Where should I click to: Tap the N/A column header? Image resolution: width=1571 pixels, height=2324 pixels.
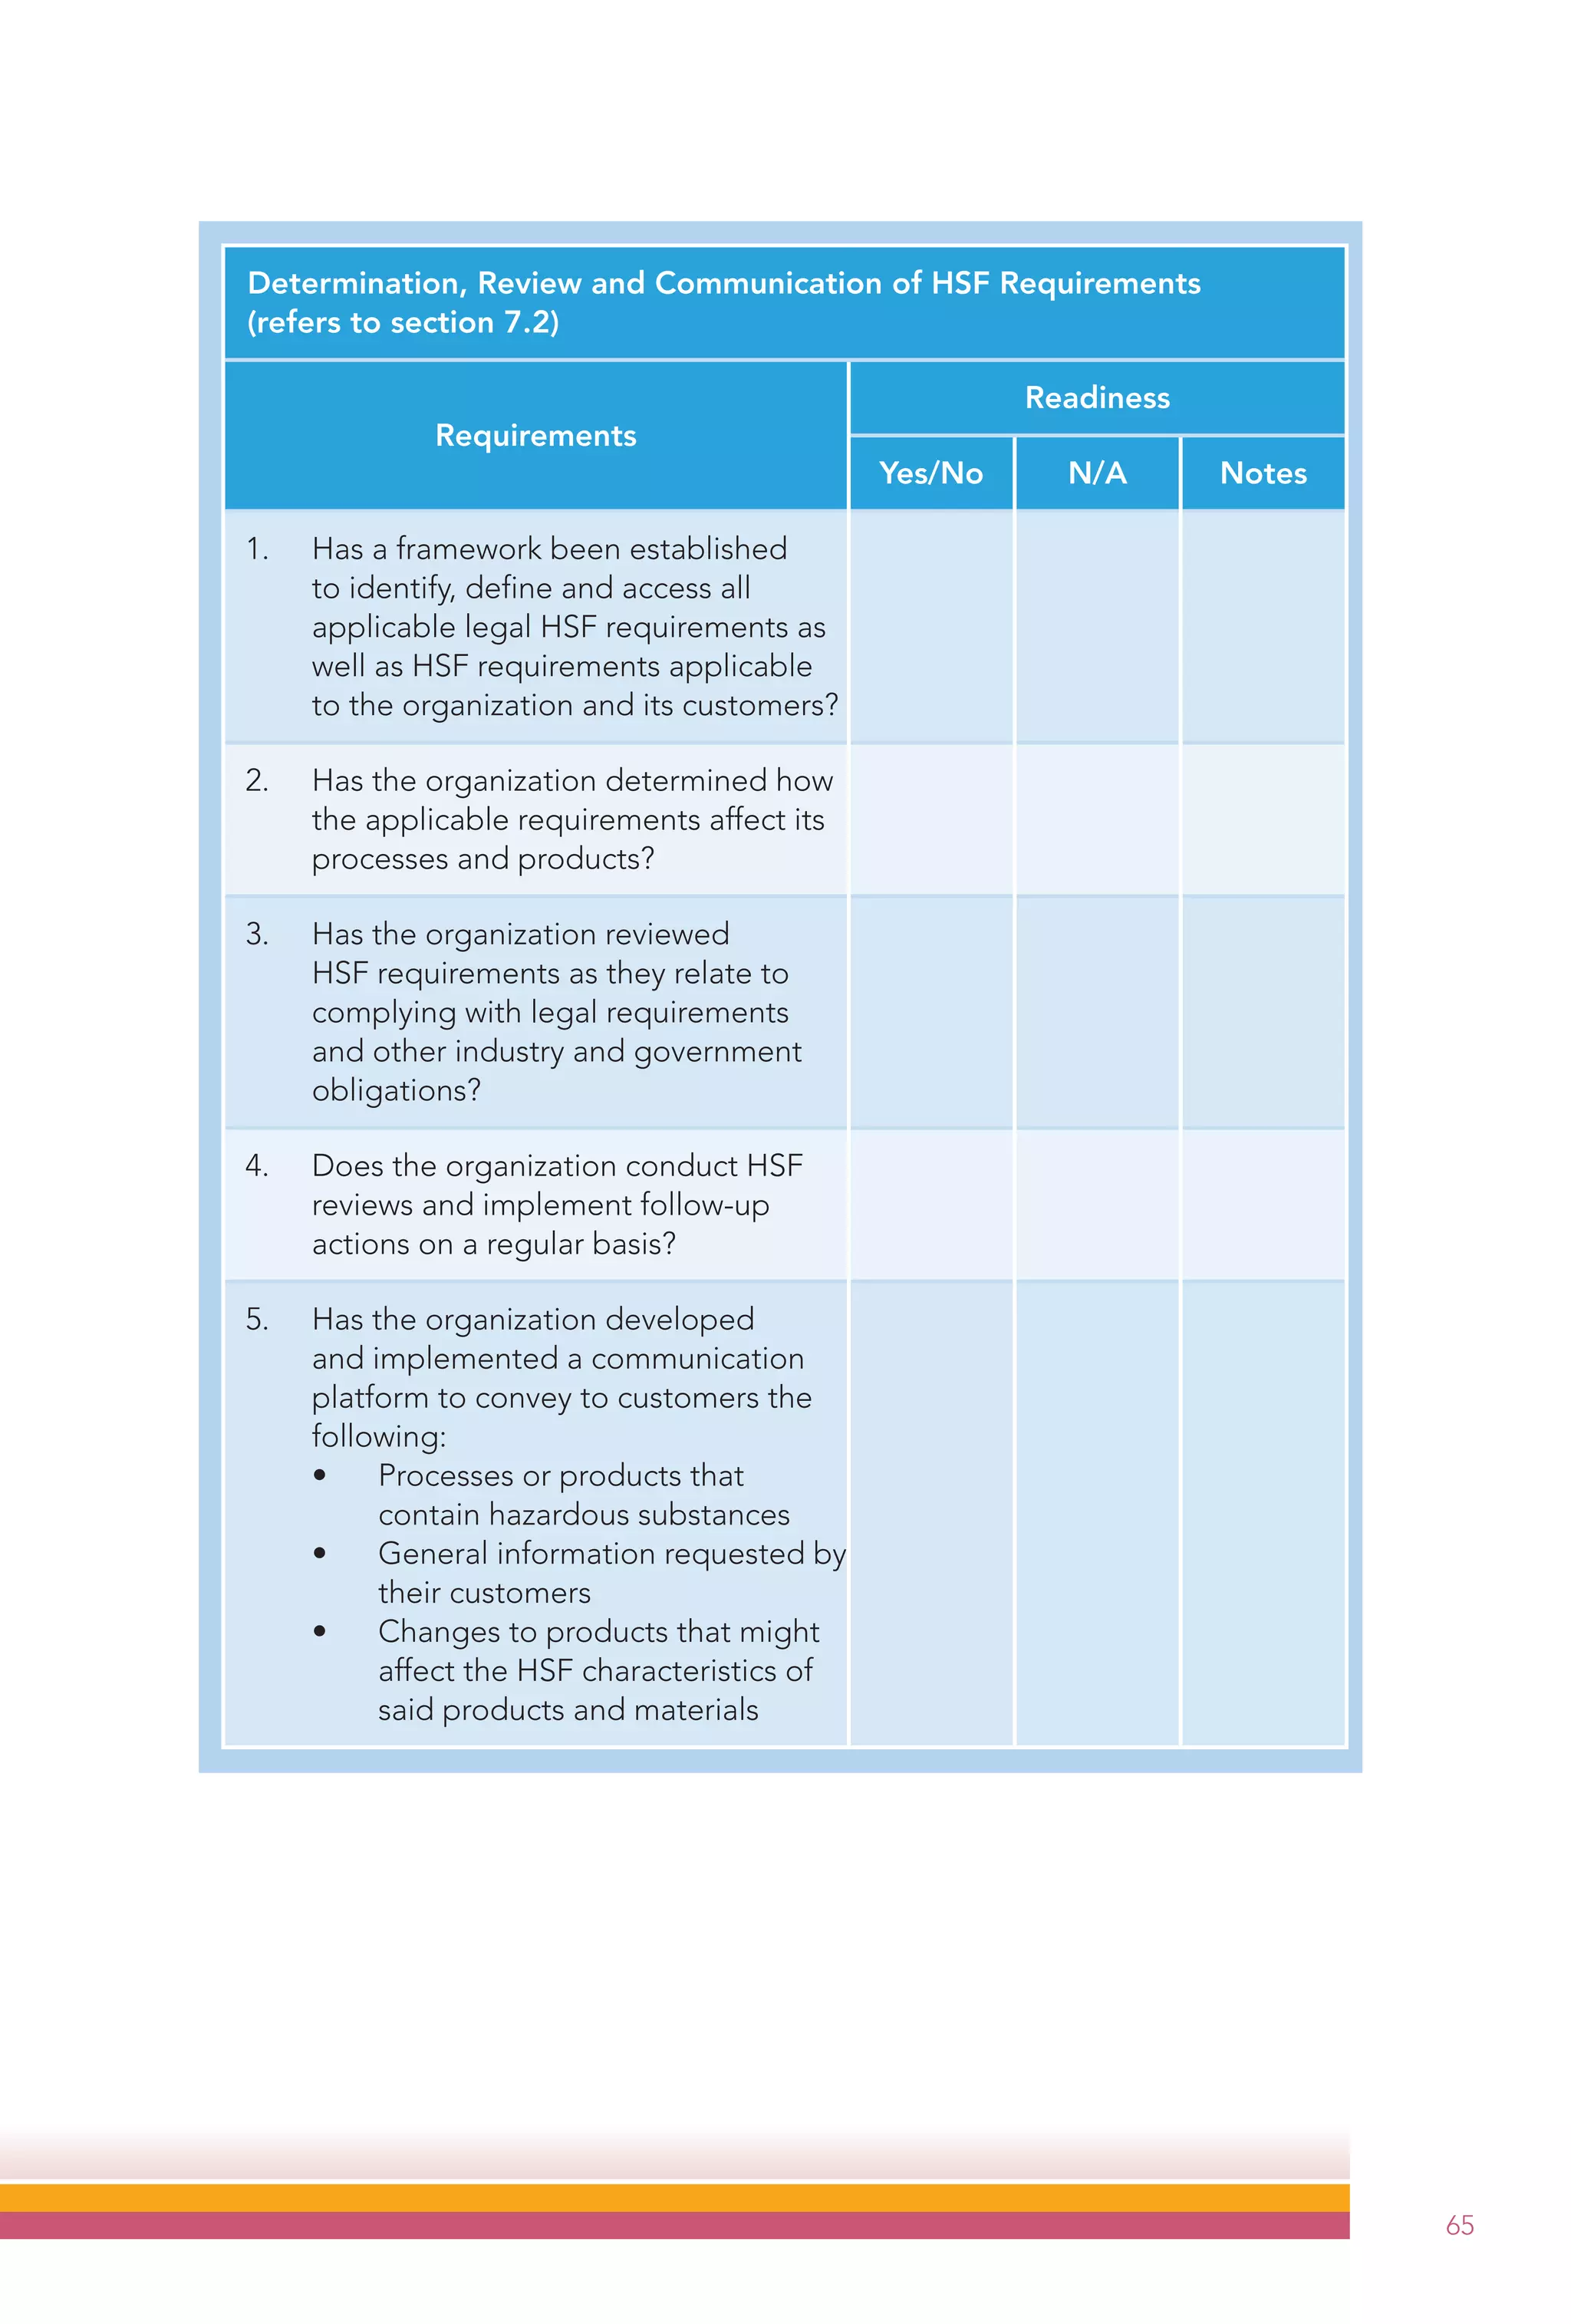[x=1096, y=473]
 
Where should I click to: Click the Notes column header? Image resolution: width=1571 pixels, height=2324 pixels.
[x=1262, y=473]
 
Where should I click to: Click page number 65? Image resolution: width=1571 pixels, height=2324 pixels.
[x=1459, y=2224]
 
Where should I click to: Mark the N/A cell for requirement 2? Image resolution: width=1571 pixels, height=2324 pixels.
[x=1096, y=819]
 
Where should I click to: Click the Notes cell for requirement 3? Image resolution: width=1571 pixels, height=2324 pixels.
[x=1262, y=1011]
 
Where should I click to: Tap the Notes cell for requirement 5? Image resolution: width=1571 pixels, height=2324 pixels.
[x=1262, y=1513]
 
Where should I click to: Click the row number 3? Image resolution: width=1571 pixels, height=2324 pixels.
[x=256, y=934]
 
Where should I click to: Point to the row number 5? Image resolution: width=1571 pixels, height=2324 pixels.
[x=256, y=1319]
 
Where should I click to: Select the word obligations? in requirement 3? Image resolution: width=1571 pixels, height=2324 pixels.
[x=396, y=1090]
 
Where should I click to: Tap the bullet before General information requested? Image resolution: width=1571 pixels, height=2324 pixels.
[x=319, y=1553]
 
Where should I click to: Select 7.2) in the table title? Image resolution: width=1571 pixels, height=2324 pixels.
[x=531, y=322]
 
